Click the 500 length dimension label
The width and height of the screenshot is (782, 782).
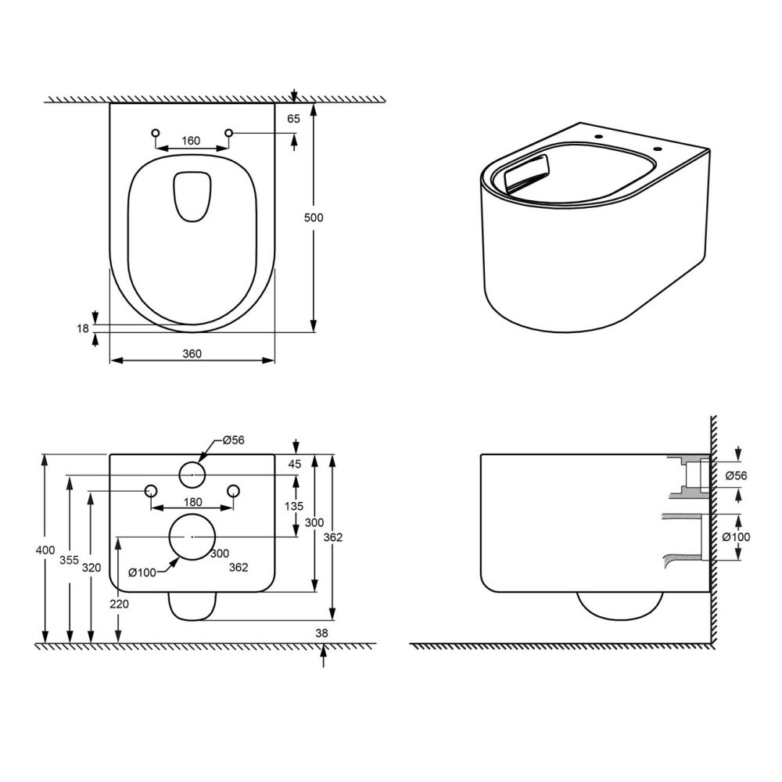pos(314,217)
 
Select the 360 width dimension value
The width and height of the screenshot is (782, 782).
pos(192,353)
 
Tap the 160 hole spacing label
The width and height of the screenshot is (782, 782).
pos(191,141)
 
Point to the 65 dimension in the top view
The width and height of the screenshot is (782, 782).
pos(294,119)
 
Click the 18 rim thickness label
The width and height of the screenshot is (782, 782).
pos(83,328)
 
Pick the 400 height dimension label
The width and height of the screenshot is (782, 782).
pos(45,551)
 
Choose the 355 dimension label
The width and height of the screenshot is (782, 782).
pos(70,560)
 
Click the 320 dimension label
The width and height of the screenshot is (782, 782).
pos(91,568)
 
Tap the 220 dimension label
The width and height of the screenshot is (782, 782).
pos(119,604)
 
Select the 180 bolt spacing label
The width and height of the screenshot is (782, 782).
pos(192,502)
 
